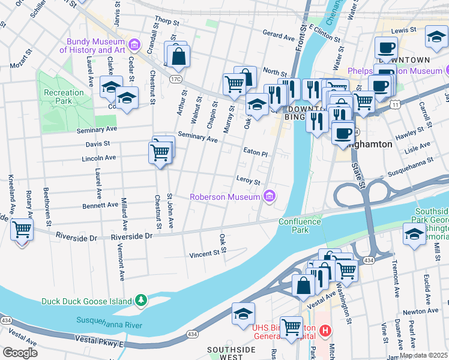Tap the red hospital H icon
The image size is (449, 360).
[325, 330]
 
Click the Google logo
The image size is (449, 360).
[20, 353]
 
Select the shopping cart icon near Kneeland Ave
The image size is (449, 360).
[22, 229]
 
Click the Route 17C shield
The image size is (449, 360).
[175, 79]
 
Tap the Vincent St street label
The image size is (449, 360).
[204, 254]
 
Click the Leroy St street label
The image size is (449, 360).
[248, 181]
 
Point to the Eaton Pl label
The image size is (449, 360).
[255, 153]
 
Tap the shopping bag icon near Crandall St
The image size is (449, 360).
[179, 57]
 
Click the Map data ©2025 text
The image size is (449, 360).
[423, 355]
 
